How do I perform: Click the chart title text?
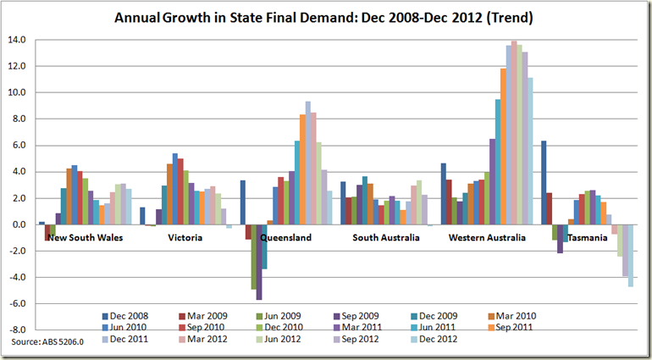[x=327, y=17]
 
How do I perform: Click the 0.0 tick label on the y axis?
[x=18, y=224]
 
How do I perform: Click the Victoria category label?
[x=185, y=238]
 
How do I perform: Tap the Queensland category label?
[x=285, y=238]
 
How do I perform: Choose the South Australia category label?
[x=385, y=238]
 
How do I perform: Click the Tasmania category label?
[x=587, y=238]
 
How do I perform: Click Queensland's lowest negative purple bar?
[x=259, y=263]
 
